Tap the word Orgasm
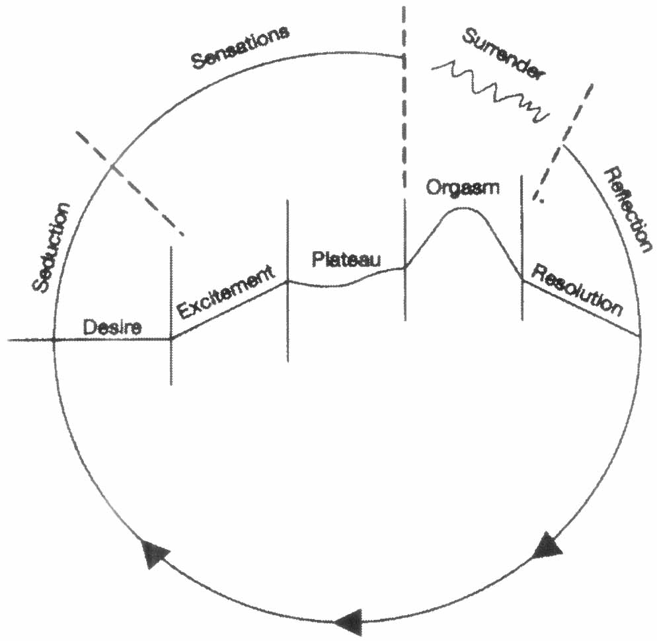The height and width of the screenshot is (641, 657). click(x=463, y=187)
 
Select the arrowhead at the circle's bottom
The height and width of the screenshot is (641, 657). click(x=348, y=620)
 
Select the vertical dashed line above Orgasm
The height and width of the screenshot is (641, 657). click(x=403, y=99)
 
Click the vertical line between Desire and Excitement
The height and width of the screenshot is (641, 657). click(x=171, y=315)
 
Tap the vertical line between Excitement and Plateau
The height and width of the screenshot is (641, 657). click(x=288, y=280)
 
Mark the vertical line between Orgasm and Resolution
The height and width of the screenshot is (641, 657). click(x=522, y=248)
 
